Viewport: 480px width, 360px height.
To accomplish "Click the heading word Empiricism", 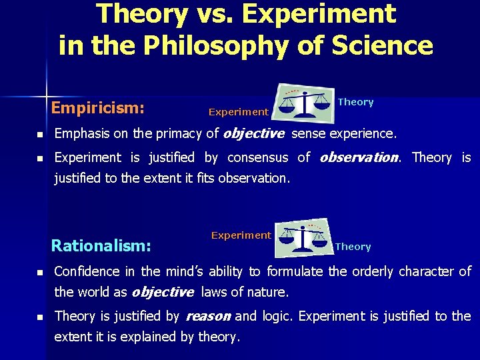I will pos(98,107).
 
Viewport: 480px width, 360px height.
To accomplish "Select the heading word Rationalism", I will pos(101,246).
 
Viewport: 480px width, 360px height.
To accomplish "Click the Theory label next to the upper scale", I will pos(355,102).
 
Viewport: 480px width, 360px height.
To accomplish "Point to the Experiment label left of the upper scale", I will pos(238,112).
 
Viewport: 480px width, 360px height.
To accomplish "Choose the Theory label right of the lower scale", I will pos(353,247).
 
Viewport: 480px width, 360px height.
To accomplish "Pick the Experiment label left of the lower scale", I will pos(241,235).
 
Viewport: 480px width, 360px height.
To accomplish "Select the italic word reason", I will pos(208,316).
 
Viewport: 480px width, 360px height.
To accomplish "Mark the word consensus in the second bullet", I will pos(259,158).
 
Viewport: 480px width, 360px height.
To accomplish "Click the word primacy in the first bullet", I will pos(179,134).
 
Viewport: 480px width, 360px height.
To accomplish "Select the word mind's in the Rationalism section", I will pos(183,272).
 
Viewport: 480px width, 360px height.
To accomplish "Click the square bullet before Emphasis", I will pos(39,135).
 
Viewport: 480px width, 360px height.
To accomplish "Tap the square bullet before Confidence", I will pos(39,273).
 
